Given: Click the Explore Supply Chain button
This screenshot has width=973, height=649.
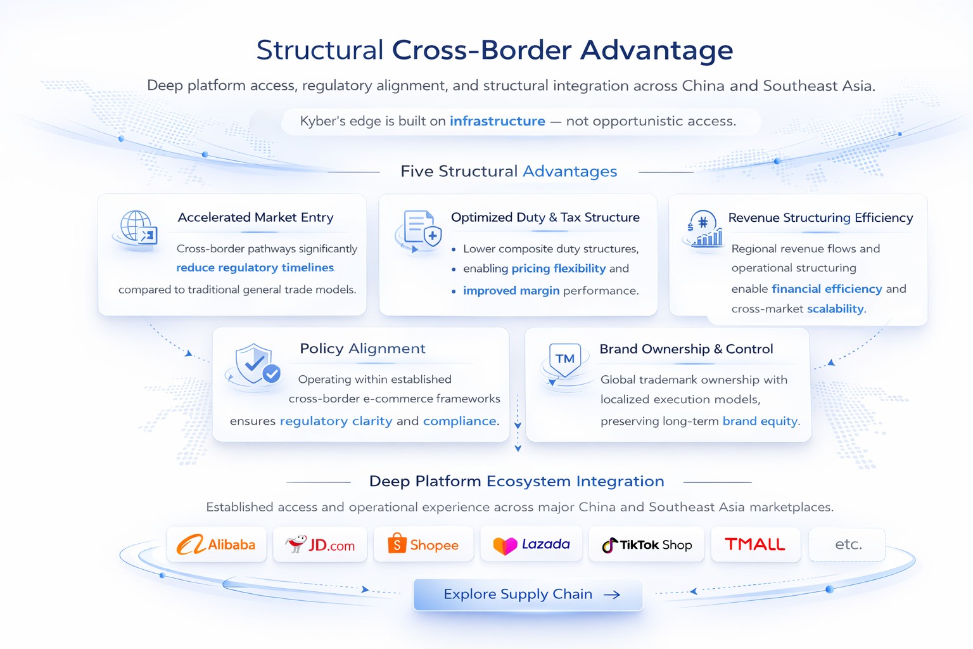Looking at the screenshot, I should tap(528, 594).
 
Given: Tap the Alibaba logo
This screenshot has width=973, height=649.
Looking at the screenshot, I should tap(216, 544).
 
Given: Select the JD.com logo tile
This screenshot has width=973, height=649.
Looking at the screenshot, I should tap(320, 544).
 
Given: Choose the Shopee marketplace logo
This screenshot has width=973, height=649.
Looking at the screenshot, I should tap(423, 544).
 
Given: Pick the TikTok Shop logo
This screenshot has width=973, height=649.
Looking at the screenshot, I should tap(647, 544).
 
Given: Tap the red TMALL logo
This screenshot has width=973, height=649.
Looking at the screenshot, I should tap(755, 544).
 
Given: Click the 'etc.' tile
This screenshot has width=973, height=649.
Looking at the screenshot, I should tap(848, 544).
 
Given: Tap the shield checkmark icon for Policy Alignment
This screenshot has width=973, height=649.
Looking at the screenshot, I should tap(256, 364).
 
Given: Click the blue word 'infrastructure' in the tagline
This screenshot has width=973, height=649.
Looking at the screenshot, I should tap(497, 121).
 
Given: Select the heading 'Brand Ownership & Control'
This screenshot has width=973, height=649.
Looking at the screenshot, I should tap(686, 349).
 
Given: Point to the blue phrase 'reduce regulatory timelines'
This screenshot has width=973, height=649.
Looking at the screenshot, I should tap(255, 267).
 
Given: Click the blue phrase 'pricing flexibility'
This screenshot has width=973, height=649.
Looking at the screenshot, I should tap(558, 268).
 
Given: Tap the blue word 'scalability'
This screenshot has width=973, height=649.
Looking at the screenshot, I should tap(836, 309).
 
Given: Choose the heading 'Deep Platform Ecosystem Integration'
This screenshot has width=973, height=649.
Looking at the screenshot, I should tap(516, 481).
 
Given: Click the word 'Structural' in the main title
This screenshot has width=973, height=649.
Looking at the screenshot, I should tap(320, 50).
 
